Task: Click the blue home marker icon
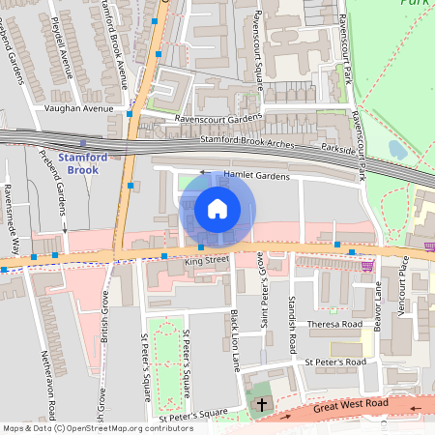pyautogui.click(x=217, y=209)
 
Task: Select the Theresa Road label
pyautogui.click(x=333, y=324)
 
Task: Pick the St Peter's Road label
pyautogui.click(x=334, y=362)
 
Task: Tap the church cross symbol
pyautogui.click(x=262, y=404)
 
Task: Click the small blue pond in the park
pyautogui.click(x=397, y=150)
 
